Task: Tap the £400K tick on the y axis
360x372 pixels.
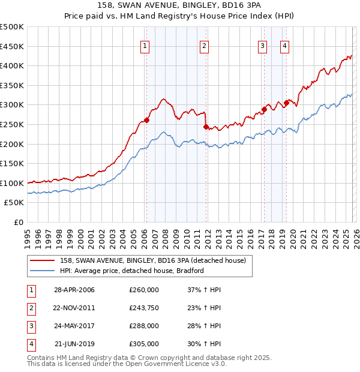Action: pos(12,66)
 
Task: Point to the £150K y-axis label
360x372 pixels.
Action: pos(12,163)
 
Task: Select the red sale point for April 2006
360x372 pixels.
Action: pos(146,120)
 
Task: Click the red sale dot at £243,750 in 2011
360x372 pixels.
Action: pos(206,127)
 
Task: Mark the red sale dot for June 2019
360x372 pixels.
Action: pos(286,103)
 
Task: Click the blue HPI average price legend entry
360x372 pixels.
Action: pos(132,271)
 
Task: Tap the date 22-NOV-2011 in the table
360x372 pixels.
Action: pos(74,308)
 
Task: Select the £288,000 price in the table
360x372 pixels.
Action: pos(144,326)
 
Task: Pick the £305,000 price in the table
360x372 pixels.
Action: pos(144,344)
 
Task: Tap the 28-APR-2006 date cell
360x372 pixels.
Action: pos(74,290)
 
